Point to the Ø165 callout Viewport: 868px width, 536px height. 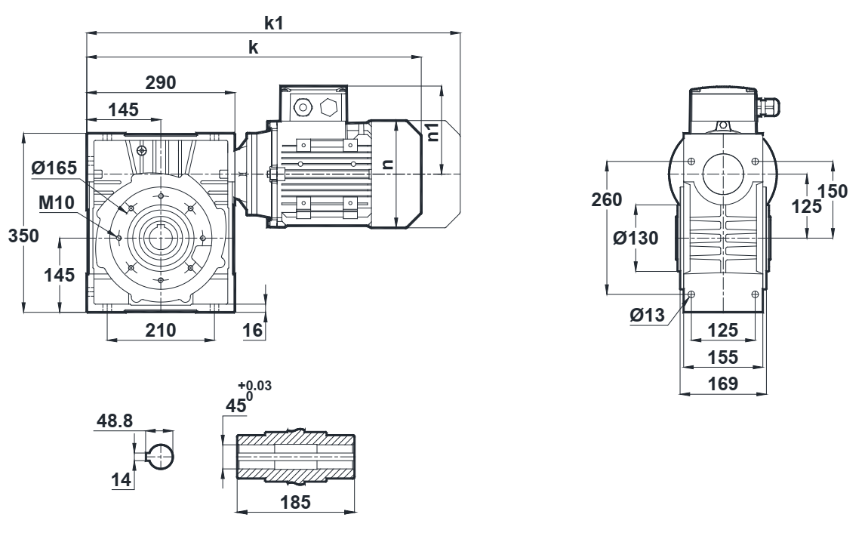[x=54, y=168]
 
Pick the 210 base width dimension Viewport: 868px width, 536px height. [x=160, y=330]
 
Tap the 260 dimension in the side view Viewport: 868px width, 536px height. [x=608, y=200]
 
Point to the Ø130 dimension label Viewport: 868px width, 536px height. [x=636, y=238]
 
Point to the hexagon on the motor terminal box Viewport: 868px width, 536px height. [x=329, y=107]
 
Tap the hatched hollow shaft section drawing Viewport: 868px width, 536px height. [x=297, y=457]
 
